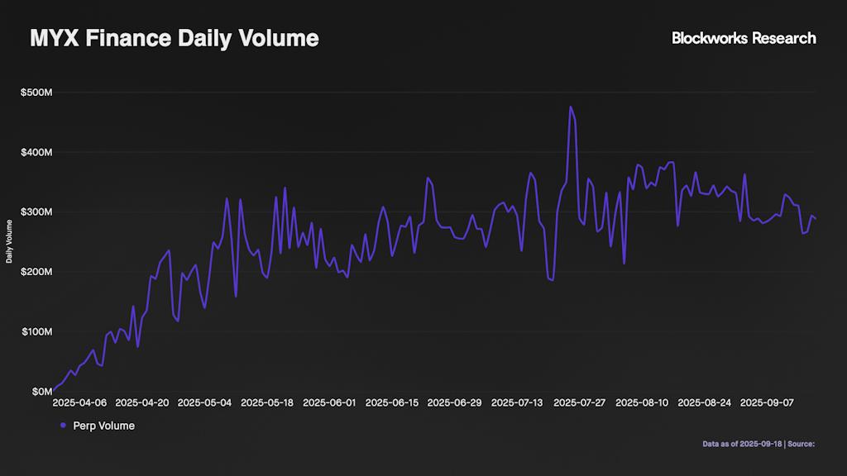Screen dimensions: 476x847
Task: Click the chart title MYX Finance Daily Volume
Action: pos(174,38)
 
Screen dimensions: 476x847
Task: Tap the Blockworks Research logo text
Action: pos(744,38)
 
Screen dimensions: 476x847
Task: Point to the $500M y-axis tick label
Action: pos(36,93)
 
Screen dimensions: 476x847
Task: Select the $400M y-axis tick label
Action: pos(36,152)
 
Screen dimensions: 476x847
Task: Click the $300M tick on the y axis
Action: pos(36,212)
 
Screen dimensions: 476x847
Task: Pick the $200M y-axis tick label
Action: pos(36,272)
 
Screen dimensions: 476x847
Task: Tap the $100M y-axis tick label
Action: pos(36,331)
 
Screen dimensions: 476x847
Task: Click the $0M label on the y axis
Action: pos(41,391)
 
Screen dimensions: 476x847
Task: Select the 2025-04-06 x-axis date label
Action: pos(79,403)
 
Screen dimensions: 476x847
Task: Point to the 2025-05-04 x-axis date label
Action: pos(204,403)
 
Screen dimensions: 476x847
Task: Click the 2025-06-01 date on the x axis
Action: pos(329,403)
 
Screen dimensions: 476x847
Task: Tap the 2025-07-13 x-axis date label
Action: pos(517,403)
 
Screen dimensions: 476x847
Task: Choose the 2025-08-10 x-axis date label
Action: pos(642,403)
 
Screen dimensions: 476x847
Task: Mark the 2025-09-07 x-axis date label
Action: pos(767,403)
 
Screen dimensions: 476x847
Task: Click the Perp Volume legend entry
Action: pos(103,426)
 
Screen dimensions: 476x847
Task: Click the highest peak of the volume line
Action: pos(571,107)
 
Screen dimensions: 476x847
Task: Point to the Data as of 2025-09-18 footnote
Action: pos(742,444)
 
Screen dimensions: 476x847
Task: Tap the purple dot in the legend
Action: pos(63,426)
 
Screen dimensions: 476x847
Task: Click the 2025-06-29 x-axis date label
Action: pos(454,403)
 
